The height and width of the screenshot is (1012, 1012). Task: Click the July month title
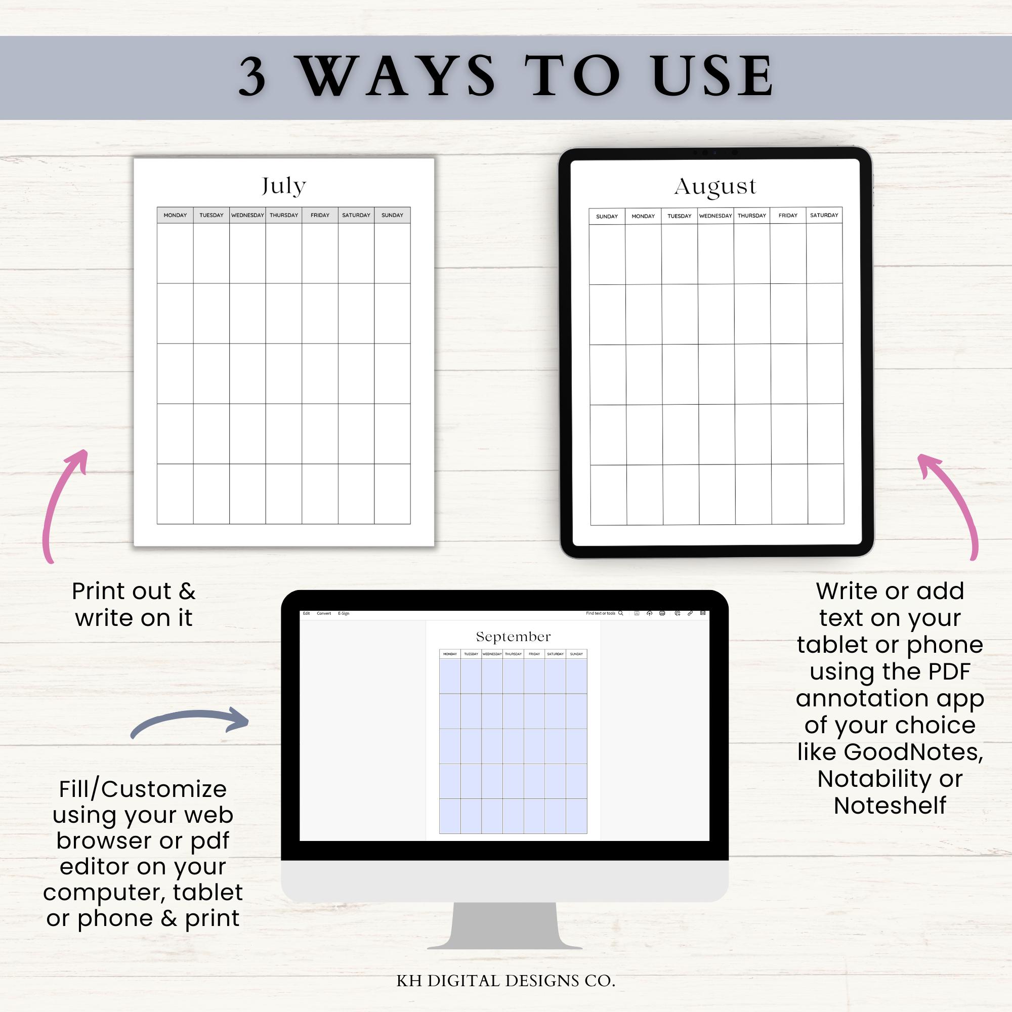283,186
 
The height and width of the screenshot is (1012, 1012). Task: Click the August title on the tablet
715,187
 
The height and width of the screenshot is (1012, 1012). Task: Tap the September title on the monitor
513,637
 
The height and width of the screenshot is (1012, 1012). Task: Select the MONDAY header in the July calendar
175,215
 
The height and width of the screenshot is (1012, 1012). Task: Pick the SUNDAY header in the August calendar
607,217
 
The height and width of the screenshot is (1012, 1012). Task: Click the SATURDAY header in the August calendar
824,215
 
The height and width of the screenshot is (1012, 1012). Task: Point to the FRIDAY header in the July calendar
319,215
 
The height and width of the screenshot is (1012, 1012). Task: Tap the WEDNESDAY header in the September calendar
492,654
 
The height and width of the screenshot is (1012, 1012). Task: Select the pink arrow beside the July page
63,503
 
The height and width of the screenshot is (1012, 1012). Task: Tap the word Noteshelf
890,806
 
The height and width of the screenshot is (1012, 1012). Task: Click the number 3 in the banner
252,77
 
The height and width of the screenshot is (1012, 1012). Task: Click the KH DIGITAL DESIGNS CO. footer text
505,981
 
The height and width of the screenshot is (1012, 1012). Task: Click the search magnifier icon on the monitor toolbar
621,613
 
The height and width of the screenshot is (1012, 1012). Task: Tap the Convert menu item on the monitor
324,613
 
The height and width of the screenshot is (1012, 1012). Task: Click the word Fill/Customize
143,789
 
